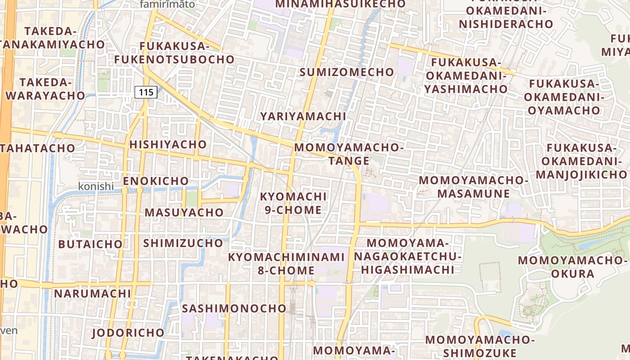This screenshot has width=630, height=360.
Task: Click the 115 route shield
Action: click(146, 93)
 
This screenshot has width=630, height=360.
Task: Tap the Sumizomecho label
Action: click(346, 72)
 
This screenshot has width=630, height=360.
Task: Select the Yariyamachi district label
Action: click(303, 116)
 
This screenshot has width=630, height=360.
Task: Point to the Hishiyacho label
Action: click(168, 144)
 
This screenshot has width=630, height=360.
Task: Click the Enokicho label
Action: click(156, 181)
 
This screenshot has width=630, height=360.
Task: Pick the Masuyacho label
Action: click(184, 212)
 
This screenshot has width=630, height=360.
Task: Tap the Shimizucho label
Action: click(183, 243)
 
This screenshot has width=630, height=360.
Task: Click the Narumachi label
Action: click(92, 294)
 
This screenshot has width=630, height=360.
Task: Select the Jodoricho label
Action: click(128, 333)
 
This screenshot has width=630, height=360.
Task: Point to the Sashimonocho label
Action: click(234, 308)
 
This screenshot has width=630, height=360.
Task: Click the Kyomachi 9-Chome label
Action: click(293, 203)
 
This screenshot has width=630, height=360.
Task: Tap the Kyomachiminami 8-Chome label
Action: click(286, 264)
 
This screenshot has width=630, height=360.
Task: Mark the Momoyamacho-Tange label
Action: click(349, 154)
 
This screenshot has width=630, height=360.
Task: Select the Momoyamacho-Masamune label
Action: click(473, 187)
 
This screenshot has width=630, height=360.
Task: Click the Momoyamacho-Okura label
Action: click(572, 267)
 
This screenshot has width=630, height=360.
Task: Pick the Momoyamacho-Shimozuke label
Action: click(480, 346)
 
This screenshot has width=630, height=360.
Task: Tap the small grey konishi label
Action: click(96, 186)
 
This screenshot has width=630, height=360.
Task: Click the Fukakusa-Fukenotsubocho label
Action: click(174, 53)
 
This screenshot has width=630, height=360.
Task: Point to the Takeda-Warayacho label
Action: click(45, 89)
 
